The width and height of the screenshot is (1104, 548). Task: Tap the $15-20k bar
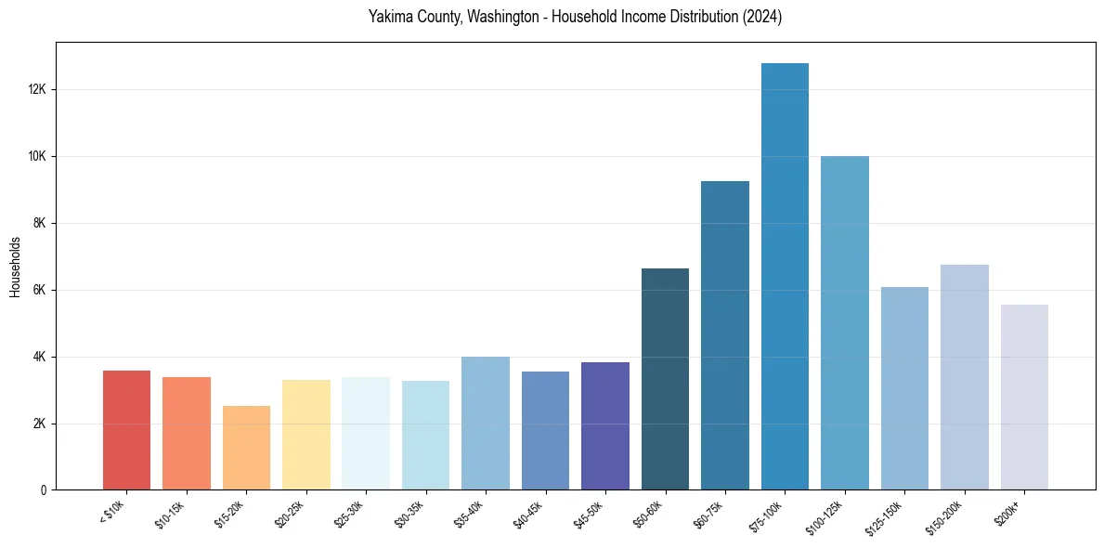[246, 448]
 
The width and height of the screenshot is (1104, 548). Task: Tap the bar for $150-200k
[965, 377]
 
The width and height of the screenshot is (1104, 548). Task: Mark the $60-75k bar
[725, 335]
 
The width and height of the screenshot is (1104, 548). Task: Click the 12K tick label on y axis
[36, 90]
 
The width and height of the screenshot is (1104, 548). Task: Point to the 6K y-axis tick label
[39, 291]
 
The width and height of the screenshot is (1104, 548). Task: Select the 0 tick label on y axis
[44, 490]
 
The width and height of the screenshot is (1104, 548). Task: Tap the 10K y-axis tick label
[36, 157]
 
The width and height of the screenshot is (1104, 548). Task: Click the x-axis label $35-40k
[469, 513]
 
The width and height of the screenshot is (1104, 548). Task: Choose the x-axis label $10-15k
[170, 513]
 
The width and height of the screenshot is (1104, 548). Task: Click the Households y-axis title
[16, 267]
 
